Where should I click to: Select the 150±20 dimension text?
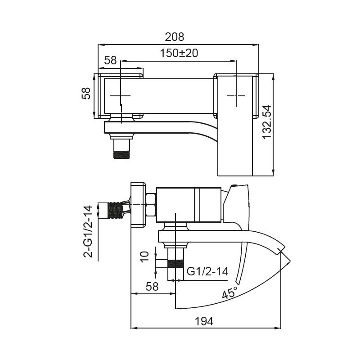179,53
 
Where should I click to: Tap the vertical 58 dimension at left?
86,94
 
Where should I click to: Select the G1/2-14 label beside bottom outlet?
207,271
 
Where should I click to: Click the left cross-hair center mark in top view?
121,96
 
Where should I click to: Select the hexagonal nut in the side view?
151,206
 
